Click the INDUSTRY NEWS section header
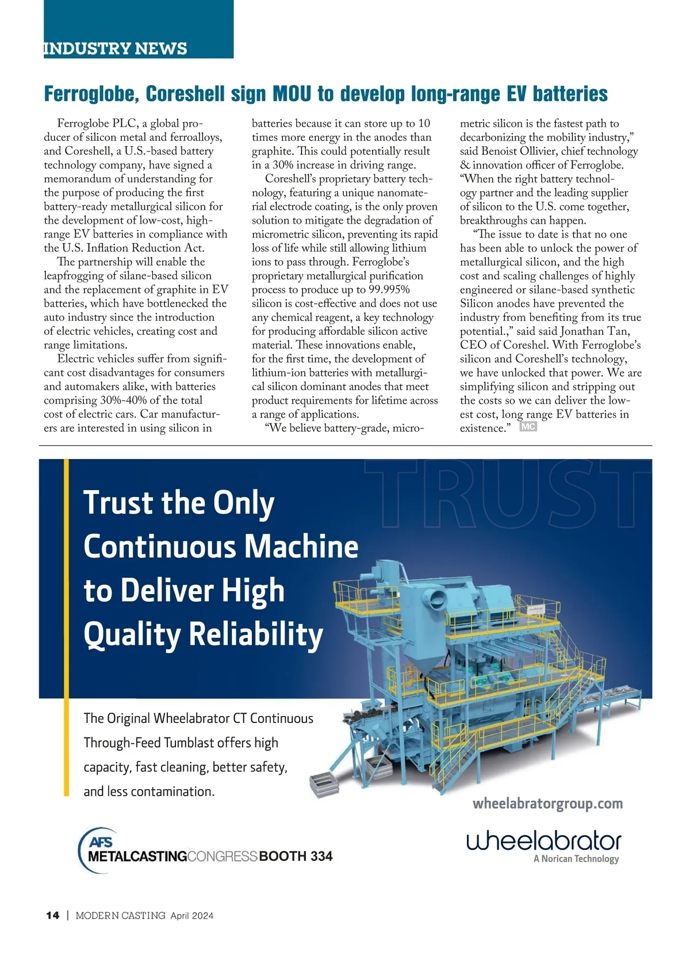coord(116,48)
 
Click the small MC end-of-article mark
coord(528,427)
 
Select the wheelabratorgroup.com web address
coord(547,803)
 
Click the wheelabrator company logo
coord(543,841)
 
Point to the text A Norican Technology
coord(576,859)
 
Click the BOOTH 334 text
coord(296,856)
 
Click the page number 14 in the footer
coord(52,916)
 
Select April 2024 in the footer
coord(191,916)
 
